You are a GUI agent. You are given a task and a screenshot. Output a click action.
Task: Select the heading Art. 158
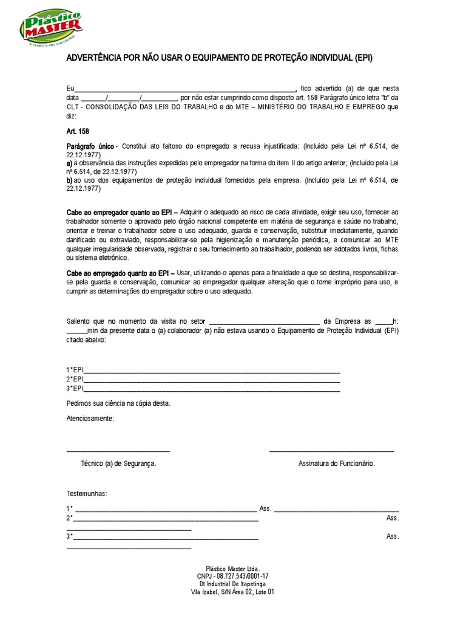click(78, 131)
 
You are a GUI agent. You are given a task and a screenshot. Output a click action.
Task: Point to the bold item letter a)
click(70, 164)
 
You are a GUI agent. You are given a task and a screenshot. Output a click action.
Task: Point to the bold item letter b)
click(70, 180)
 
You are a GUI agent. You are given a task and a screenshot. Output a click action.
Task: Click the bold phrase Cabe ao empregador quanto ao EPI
click(121, 212)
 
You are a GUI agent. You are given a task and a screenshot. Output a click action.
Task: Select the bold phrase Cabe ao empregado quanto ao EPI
click(120, 274)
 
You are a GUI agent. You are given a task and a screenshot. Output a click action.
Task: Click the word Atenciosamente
click(90, 419)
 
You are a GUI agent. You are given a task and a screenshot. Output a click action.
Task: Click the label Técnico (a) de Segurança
click(119, 463)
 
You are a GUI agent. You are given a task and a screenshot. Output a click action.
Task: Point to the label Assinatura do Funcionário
click(336, 463)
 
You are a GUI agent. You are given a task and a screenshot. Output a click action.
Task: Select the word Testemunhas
click(87, 493)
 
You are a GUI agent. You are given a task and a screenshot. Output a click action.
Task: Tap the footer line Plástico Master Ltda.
click(232, 568)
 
